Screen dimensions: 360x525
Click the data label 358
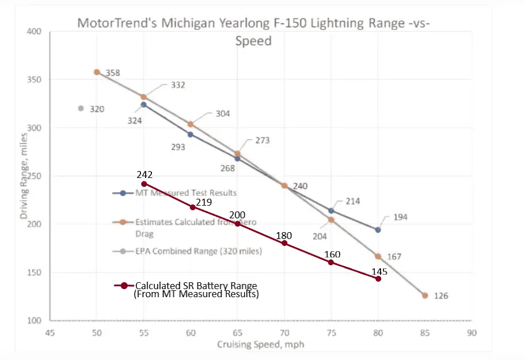[113, 73]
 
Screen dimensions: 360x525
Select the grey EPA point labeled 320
[81, 108]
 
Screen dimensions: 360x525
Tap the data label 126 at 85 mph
[441, 296]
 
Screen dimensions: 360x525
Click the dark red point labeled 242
[144, 184]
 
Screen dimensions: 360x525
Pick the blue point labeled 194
[378, 230]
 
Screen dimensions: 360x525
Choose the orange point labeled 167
[378, 256]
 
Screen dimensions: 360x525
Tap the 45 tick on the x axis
[50, 332]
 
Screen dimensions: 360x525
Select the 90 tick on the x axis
[471, 332]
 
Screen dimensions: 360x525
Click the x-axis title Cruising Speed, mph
[260, 344]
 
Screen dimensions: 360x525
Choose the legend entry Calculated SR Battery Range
[196, 286]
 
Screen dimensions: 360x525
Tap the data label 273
[262, 141]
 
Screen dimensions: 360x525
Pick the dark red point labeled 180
[284, 244]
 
